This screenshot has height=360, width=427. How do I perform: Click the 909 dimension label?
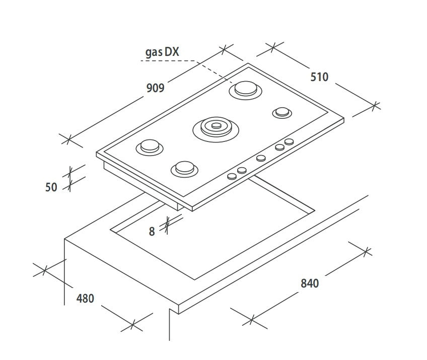(155, 88)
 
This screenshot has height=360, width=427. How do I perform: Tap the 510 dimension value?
(319, 77)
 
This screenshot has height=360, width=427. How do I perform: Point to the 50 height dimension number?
(51, 187)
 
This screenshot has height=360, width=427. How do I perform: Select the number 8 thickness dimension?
(152, 232)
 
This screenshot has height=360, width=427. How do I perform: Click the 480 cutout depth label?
(85, 299)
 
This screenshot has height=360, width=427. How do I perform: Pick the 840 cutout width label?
(310, 283)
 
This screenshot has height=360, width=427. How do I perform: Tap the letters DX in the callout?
(172, 51)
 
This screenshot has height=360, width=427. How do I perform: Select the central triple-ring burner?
(216, 129)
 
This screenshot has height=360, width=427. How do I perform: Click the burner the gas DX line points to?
(246, 90)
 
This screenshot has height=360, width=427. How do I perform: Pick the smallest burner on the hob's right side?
(282, 112)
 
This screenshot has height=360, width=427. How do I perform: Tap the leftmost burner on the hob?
(150, 148)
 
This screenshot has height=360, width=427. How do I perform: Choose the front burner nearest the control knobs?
(184, 169)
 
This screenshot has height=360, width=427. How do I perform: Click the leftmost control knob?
(232, 176)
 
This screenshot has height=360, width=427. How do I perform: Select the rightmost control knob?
(289, 141)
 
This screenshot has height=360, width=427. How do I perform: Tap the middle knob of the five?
(261, 158)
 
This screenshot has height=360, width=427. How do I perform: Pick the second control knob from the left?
(242, 171)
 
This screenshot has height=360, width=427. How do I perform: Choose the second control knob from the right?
(279, 148)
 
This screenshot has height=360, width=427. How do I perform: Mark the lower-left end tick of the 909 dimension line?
(68, 140)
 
